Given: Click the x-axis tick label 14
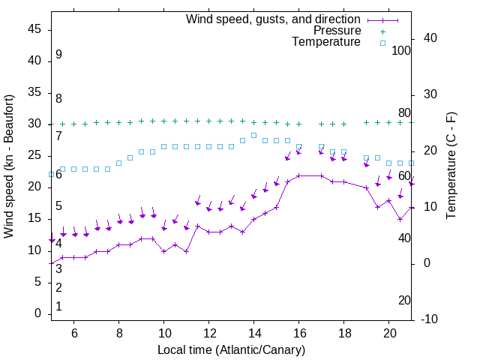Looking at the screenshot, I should click(x=254, y=332).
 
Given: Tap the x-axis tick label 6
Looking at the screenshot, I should click(x=74, y=332).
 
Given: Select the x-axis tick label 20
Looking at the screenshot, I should click(x=389, y=332).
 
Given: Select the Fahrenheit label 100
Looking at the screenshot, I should click(x=401, y=50).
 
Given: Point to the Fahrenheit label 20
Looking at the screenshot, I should click(x=404, y=300).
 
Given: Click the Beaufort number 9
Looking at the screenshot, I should click(x=58, y=55).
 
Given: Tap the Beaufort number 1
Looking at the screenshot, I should click(x=58, y=307).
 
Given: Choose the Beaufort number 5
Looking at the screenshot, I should click(x=58, y=206).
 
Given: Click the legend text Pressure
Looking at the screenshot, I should click(x=337, y=31).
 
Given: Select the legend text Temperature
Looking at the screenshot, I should click(x=326, y=42).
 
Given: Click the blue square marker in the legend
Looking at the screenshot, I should click(x=382, y=43).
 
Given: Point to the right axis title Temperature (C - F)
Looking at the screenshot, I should click(x=451, y=166).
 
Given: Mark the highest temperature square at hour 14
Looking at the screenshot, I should click(x=254, y=135).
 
